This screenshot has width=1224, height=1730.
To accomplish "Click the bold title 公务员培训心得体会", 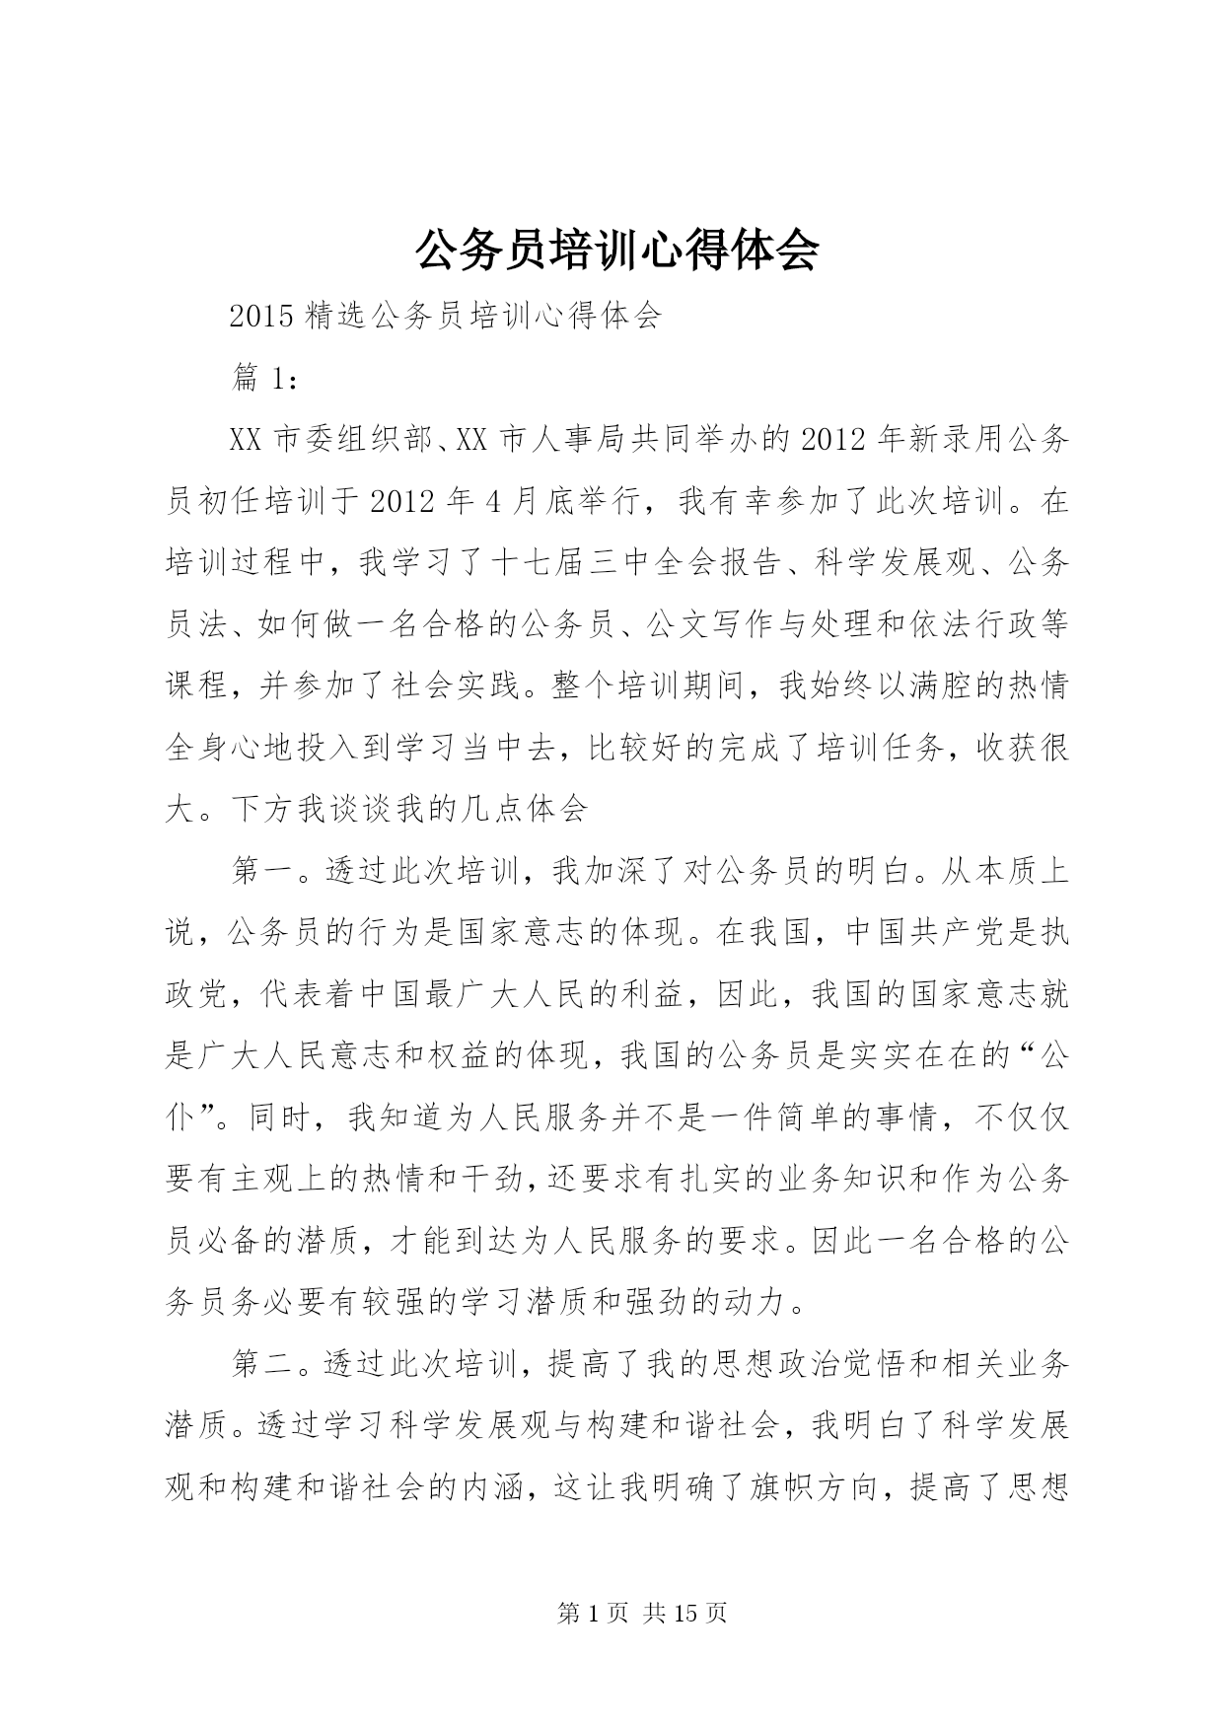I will click(x=616, y=251).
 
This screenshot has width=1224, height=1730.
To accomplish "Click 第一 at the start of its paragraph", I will click(x=261, y=871).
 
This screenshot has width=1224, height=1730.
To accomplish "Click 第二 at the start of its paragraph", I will click(x=261, y=1363).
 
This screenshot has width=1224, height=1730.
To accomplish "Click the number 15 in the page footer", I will click(x=688, y=1614).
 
